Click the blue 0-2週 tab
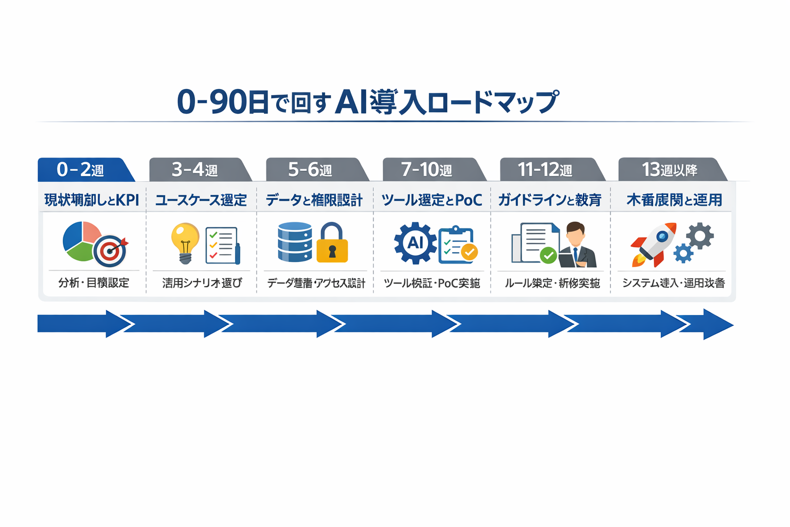(x=82, y=170)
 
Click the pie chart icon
(x=80, y=240)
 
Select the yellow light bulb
(x=185, y=242)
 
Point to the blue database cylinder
(x=295, y=242)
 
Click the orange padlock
(x=332, y=244)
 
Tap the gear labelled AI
(x=415, y=243)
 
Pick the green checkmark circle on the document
(x=548, y=255)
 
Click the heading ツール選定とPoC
(x=432, y=200)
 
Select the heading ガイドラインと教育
(x=549, y=200)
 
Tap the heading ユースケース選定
(x=201, y=200)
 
